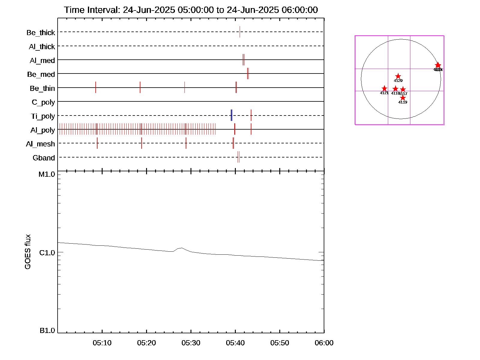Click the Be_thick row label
pyautogui.click(x=41, y=32)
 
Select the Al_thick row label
pyautogui.click(x=42, y=46)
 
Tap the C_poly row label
pyautogui.click(x=43, y=102)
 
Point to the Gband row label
pyautogui.click(x=44, y=158)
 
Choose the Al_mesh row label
pyautogui.click(x=40, y=144)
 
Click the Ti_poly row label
pyautogui.click(x=43, y=116)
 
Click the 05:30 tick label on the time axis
pyautogui.click(x=191, y=343)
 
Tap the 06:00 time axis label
pyautogui.click(x=324, y=343)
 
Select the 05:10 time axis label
pyautogui.click(x=102, y=343)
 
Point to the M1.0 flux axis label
pyautogui.click(x=47, y=174)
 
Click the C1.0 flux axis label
pyautogui.click(x=47, y=253)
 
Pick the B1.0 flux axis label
pyautogui.click(x=47, y=331)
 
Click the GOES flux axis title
pyautogui.click(x=28, y=252)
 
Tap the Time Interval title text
pyautogui.click(x=191, y=10)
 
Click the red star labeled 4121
pyautogui.click(x=384, y=88)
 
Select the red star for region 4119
pyautogui.click(x=403, y=98)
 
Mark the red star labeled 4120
pyautogui.click(x=398, y=76)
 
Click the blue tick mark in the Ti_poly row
pyautogui.click(x=232, y=115)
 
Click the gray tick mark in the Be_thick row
pyautogui.click(x=240, y=32)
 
